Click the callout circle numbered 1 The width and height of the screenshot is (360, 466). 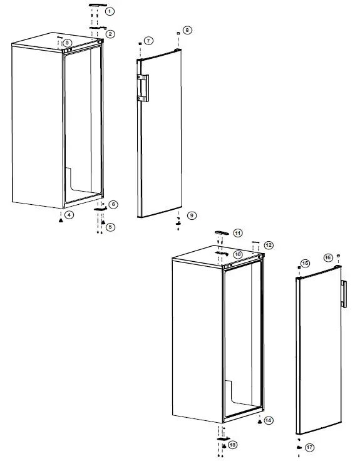pos(110,11)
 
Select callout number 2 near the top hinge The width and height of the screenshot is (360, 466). pos(110,33)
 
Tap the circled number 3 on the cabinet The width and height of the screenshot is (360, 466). pos(67,42)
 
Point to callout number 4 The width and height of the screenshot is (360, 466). pos(69,215)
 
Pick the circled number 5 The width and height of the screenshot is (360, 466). pos(110,227)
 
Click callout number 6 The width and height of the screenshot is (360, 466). pos(113,204)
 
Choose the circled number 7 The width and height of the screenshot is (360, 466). pos(148,41)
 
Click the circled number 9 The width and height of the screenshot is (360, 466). pos(192,215)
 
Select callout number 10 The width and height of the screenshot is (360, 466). pos(238,254)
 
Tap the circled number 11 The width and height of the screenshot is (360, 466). pos(238,232)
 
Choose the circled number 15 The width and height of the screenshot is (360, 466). pos(306,264)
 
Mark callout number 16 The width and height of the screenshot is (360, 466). pos(327,257)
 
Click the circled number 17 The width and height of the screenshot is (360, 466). pos(309,447)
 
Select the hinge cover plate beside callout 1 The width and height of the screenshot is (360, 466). pos(95,5)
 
